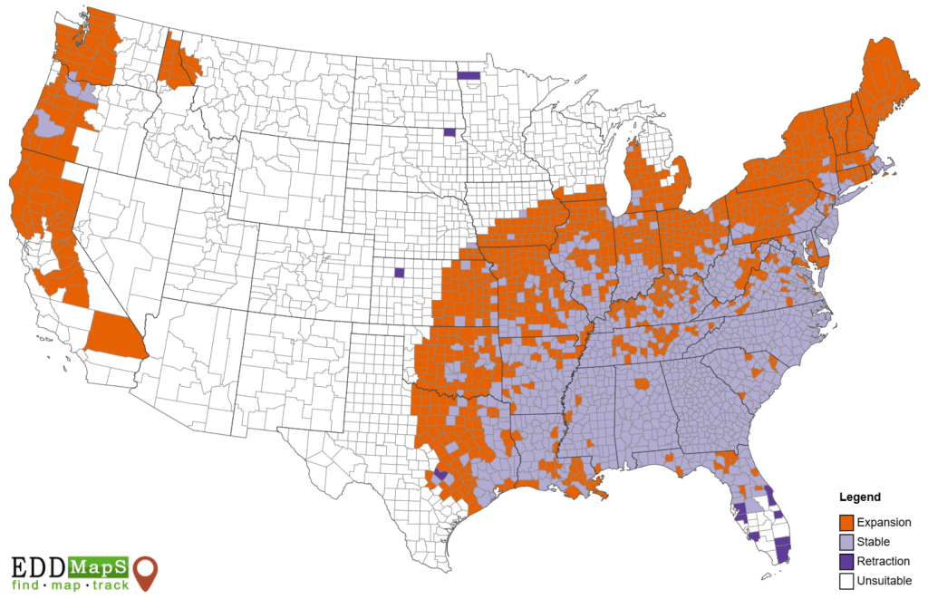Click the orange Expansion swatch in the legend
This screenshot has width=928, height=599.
pos(846,523)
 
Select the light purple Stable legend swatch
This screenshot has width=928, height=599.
pos(846,542)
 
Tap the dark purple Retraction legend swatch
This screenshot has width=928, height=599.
pos(846,562)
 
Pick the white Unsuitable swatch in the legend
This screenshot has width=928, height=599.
pos(846,581)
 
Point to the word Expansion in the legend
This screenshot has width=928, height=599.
pos(884,523)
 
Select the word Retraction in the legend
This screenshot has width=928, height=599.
pos(884,562)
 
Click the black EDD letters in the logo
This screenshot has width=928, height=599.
pos(38,567)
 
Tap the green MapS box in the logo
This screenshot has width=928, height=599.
pos(98,567)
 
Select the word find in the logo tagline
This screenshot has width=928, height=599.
pos(27,585)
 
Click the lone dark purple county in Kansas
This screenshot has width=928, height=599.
pos(399,272)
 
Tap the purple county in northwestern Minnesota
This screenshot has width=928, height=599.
pos(469,76)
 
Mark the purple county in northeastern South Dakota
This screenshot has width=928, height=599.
pos(449,132)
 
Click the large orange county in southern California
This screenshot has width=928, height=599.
pos(113,337)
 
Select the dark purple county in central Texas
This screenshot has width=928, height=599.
pos(440,474)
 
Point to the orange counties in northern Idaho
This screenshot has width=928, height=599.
pos(176,63)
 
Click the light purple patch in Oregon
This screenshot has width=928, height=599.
pos(50,124)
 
